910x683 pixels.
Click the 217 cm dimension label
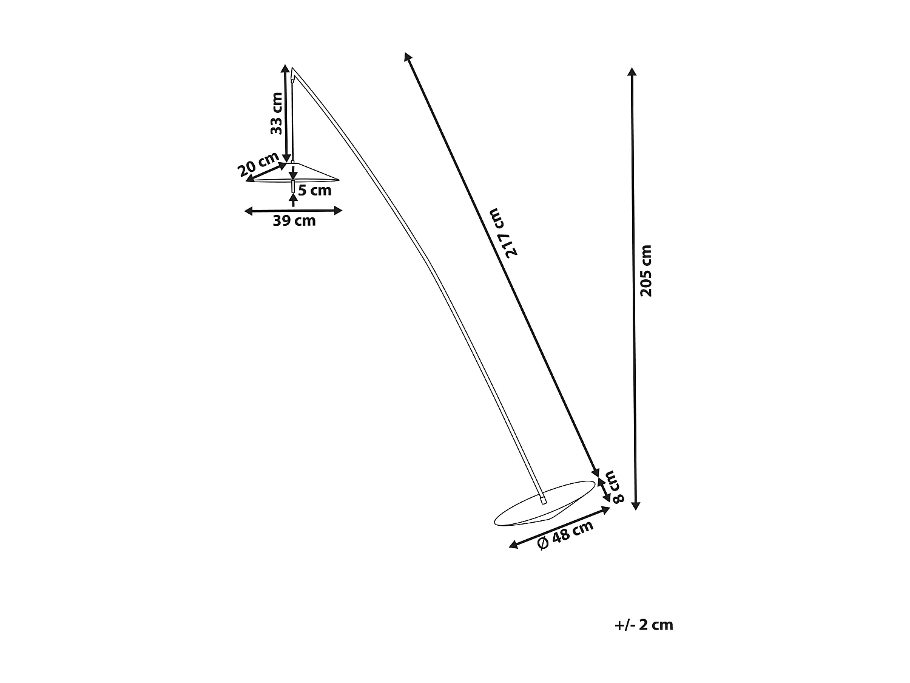tap(504, 233)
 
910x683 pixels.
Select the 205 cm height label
tap(646, 271)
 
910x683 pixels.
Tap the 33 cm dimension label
tap(276, 114)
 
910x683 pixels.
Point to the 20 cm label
tap(258, 164)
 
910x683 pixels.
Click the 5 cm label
tap(315, 191)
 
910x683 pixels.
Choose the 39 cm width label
tap(294, 221)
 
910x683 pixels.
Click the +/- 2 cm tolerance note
tap(643, 625)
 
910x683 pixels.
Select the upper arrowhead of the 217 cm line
tap(407, 56)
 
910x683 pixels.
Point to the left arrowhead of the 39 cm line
tap(248, 211)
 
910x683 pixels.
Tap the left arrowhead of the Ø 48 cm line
tap(513, 545)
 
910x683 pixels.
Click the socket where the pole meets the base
tap(543, 500)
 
